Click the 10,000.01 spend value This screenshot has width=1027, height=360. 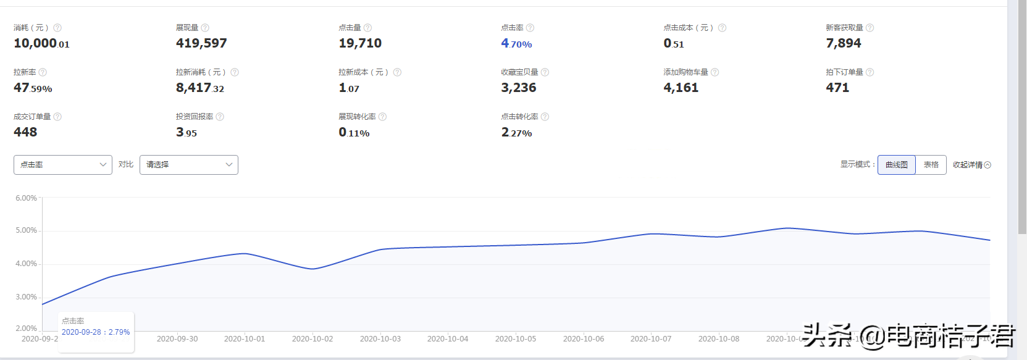[x=41, y=44]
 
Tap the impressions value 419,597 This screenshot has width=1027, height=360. [x=201, y=43]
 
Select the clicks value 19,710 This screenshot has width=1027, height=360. [x=360, y=43]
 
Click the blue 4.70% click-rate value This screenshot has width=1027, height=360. [x=516, y=44]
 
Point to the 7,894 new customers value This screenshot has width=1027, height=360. [x=843, y=43]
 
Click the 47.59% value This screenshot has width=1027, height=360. [x=33, y=88]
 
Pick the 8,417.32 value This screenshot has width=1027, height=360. [x=200, y=88]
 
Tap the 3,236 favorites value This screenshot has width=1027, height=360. [x=518, y=88]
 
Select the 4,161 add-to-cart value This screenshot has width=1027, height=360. [x=681, y=88]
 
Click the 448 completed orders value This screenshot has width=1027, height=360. [x=25, y=132]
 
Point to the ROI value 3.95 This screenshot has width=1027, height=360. [x=187, y=133]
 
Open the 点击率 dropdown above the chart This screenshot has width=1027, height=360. [x=62, y=165]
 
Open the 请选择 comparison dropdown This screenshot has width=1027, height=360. [x=188, y=165]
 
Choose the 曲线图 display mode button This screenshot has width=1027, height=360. [x=896, y=165]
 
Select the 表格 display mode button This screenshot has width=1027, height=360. [x=931, y=165]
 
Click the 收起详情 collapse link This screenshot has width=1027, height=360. [x=971, y=165]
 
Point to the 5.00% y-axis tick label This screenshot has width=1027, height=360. [x=27, y=230]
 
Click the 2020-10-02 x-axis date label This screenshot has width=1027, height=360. [x=312, y=339]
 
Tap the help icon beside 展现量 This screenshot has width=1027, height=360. [x=205, y=28]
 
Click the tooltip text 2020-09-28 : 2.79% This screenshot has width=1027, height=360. [x=96, y=332]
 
